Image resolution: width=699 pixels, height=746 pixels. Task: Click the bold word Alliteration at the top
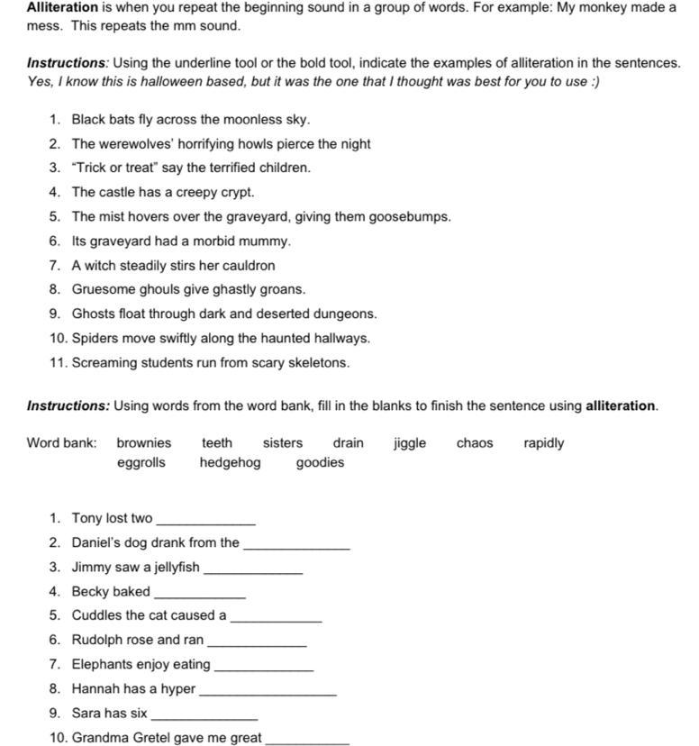(62, 7)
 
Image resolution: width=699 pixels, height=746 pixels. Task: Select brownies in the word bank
(143, 443)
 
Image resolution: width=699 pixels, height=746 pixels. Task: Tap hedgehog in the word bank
(230, 463)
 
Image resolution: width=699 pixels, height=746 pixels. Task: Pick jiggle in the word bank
(410, 443)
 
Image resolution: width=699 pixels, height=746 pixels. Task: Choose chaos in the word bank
(475, 443)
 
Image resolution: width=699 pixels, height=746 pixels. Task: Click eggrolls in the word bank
(141, 463)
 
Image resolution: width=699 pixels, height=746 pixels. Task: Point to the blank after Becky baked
(199, 594)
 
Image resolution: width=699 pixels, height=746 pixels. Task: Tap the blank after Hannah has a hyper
(267, 691)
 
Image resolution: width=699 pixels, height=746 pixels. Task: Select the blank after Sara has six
(204, 715)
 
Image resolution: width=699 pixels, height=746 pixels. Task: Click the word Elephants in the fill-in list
(102, 665)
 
